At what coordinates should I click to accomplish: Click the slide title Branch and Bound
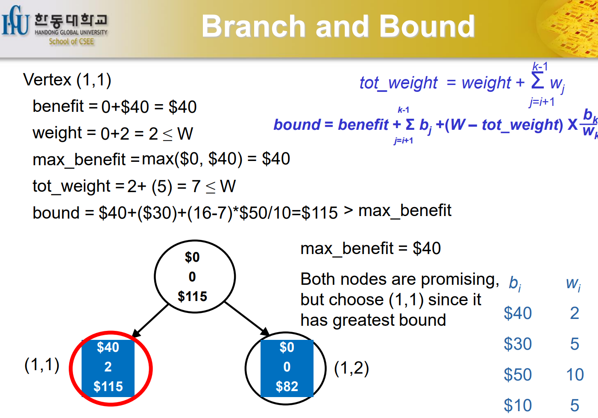338,26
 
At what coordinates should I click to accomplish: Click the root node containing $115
194,277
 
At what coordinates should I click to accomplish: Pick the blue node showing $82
287,368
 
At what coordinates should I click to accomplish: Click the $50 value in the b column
518,375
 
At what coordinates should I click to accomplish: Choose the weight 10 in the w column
575,375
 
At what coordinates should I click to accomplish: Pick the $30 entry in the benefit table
518,344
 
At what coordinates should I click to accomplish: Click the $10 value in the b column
518,405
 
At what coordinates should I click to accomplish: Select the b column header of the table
515,284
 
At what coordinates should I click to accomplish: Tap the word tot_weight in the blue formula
399,82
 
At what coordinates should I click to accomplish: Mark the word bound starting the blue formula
297,125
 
